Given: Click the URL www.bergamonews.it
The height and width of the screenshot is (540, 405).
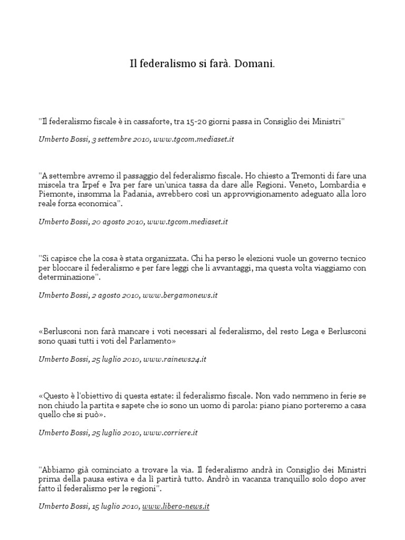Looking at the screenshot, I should (180, 295).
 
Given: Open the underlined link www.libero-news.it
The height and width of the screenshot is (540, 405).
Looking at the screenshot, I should (176, 506).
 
